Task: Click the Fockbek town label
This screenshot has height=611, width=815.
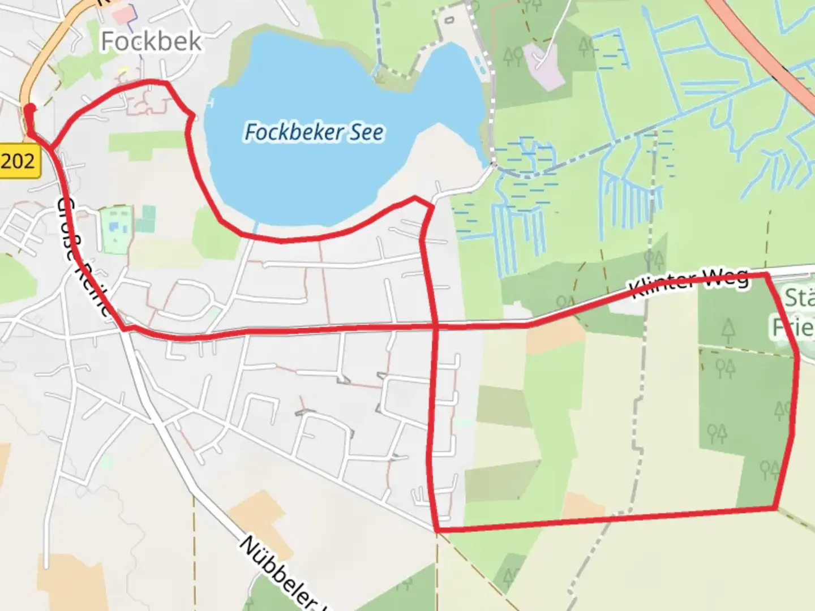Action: [151, 41]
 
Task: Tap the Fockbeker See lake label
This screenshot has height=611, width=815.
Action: [314, 132]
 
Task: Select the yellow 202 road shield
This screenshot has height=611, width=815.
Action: [18, 161]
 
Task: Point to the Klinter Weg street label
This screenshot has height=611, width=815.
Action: [689, 282]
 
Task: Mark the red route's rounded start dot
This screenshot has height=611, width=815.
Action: [30, 109]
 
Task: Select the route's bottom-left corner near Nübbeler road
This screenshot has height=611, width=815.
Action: [437, 530]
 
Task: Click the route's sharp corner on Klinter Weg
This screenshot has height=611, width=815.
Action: [767, 275]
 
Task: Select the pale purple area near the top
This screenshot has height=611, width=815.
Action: [543, 65]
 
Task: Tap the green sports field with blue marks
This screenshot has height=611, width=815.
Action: [117, 229]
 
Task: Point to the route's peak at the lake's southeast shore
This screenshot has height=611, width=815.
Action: [415, 198]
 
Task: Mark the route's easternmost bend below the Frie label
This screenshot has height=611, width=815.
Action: [798, 356]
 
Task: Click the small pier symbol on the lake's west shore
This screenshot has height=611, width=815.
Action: [211, 102]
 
